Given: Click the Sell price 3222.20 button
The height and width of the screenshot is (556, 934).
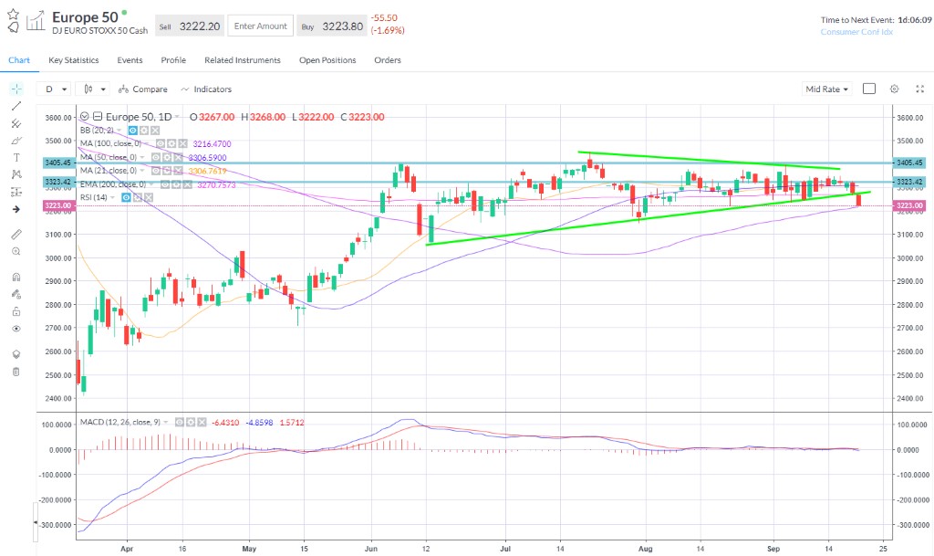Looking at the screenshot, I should click(189, 26).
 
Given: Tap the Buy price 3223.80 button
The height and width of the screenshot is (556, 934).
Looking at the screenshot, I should click(332, 26).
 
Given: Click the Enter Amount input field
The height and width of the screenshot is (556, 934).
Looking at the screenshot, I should click(260, 26).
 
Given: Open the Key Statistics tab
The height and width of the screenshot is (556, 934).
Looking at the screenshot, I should click(74, 60).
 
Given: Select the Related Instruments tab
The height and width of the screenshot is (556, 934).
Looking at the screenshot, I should click(243, 60).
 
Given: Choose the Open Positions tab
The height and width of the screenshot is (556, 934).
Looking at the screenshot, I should click(327, 60).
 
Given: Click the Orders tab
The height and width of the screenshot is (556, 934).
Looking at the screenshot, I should click(388, 60).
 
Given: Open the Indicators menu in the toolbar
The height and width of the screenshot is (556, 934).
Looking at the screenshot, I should click(206, 89).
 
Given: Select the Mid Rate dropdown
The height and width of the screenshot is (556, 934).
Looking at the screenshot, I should click(826, 89).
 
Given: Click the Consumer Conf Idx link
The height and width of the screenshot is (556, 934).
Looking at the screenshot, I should click(856, 32).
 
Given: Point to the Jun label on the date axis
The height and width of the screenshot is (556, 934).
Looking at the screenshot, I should click(370, 550).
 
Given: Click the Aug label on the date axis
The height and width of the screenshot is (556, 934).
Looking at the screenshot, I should click(645, 550).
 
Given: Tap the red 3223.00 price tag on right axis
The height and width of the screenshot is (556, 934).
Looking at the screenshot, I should click(910, 205).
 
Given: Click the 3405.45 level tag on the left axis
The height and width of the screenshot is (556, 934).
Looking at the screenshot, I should click(57, 163).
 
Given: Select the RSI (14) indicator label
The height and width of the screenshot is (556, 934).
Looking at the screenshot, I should click(95, 196).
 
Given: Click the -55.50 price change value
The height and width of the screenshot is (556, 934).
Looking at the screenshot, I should click(384, 17).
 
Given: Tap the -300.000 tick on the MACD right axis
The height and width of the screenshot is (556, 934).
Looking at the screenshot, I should click(910, 525).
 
